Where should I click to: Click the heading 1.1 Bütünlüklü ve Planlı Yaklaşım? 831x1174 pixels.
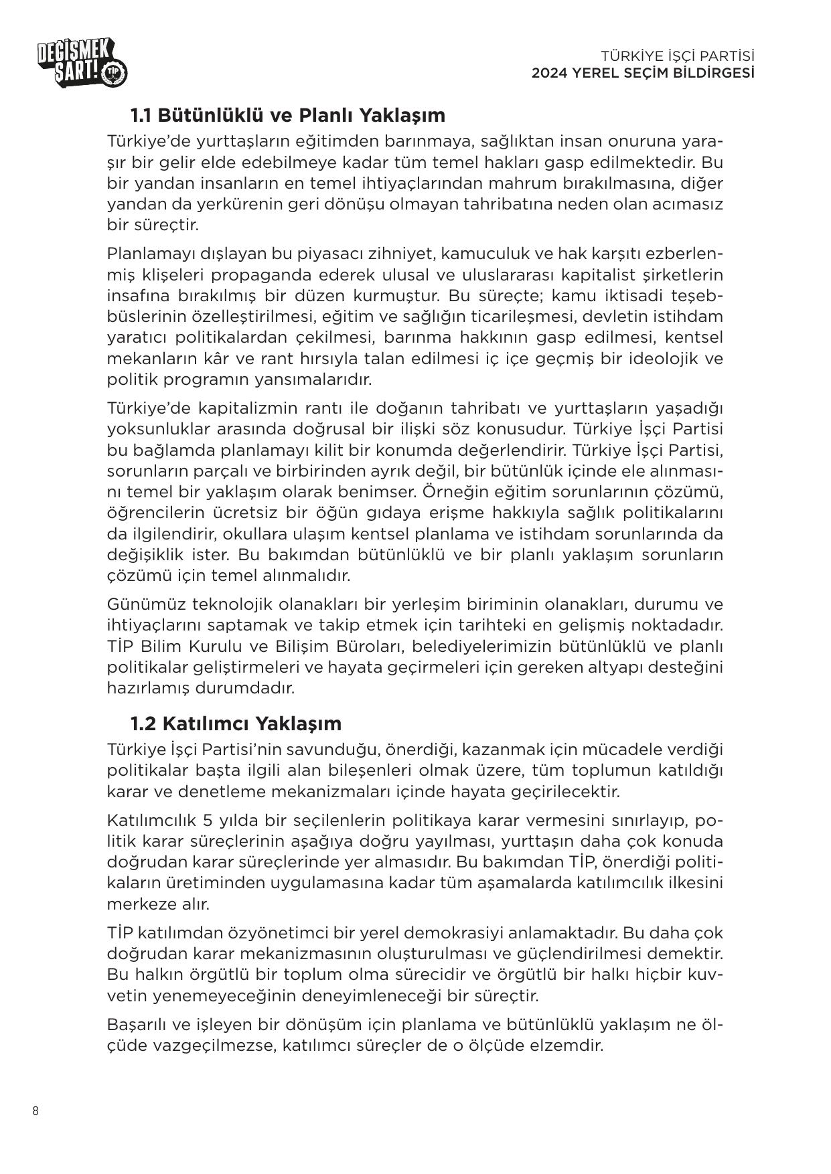click(287, 115)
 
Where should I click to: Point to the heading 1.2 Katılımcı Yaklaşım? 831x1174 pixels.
click(235, 724)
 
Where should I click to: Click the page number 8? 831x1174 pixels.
click(35, 1112)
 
